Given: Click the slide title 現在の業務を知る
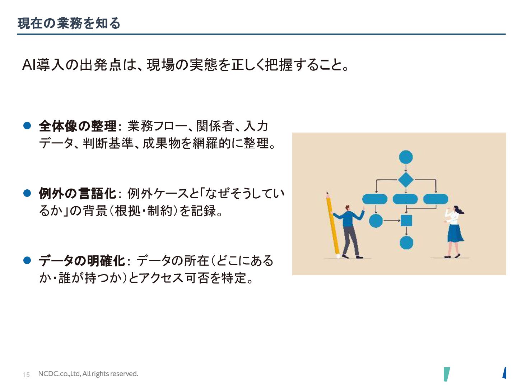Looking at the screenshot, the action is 69,23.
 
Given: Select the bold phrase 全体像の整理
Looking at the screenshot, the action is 78,126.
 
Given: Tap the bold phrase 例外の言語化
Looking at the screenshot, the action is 78,194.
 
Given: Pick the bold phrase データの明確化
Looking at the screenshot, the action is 82,261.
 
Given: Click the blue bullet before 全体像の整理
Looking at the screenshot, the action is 27,125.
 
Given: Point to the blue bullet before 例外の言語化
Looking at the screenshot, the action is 27,193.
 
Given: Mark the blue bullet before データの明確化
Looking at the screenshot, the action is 27,260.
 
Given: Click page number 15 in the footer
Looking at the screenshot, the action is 26,375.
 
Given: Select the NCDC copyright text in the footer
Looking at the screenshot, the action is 88,374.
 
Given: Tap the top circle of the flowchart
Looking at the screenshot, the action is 406,157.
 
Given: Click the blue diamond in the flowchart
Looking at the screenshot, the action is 406,179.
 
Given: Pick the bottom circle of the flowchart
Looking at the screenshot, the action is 406,243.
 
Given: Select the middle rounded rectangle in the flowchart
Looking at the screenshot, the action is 405,199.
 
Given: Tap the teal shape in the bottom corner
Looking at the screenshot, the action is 447,374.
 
